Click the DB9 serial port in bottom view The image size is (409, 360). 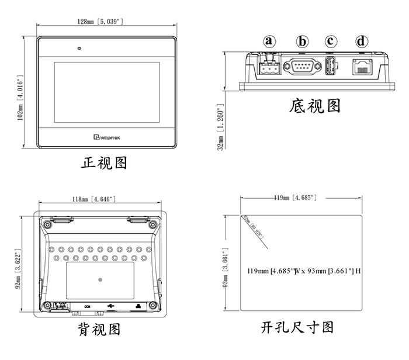click(x=303, y=66)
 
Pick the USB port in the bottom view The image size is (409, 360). click(x=331, y=66)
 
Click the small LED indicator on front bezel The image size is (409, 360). click(x=78, y=47)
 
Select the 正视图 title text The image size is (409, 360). click(x=104, y=162)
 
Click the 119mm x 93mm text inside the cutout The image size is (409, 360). click(x=303, y=271)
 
